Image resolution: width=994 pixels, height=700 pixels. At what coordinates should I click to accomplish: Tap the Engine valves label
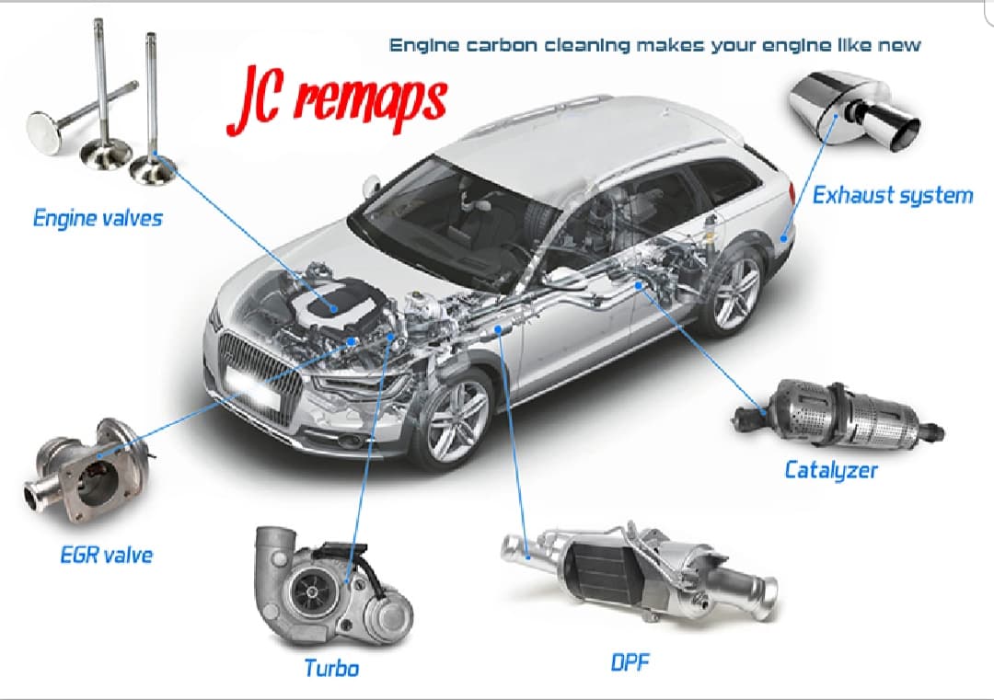point(98,218)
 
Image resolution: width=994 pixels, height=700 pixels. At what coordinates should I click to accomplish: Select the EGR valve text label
point(106,555)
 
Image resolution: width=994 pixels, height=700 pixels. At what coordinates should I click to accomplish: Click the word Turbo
point(331,667)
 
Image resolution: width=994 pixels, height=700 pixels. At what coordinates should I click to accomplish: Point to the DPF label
point(631,661)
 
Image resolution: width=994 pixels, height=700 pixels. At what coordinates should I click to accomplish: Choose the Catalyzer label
point(830,470)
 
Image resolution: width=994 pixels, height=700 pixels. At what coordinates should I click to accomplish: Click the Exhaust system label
point(892,195)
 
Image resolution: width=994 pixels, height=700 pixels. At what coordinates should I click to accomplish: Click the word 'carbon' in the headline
point(498,44)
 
